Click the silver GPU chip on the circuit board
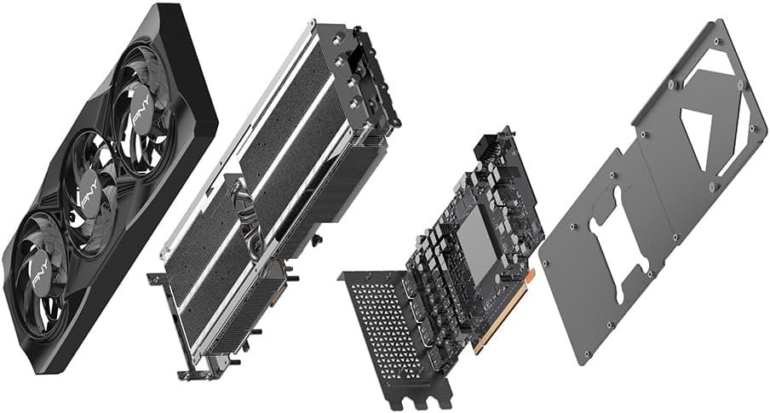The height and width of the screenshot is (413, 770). pos(476,246)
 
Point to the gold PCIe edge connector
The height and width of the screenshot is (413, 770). pos(502,313)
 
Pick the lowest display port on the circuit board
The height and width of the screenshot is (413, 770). pos(435,359)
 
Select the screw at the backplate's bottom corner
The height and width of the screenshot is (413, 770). pos(587,353)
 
